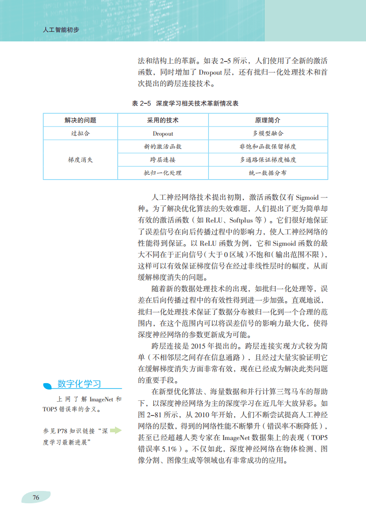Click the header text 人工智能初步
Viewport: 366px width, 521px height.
click(60, 30)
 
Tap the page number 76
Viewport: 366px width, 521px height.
click(36, 497)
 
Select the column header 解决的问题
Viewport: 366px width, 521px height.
click(80, 121)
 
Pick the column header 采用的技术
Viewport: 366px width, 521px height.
click(163, 121)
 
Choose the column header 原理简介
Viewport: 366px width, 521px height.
click(268, 121)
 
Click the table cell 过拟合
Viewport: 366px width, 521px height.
click(80, 134)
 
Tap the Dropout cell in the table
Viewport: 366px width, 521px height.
click(163, 134)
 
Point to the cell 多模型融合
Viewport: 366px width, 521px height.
click(268, 134)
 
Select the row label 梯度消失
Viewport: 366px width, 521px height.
click(80, 160)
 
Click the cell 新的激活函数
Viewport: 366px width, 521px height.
click(163, 147)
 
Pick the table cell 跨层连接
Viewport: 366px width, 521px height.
click(163, 160)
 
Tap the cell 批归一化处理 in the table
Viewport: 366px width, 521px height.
click(163, 173)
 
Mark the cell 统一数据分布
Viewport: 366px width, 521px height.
click(268, 173)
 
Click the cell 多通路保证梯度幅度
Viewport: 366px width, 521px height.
click(268, 160)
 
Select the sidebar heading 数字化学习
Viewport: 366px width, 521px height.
click(79, 384)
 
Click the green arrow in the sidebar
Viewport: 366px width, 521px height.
click(116, 430)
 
